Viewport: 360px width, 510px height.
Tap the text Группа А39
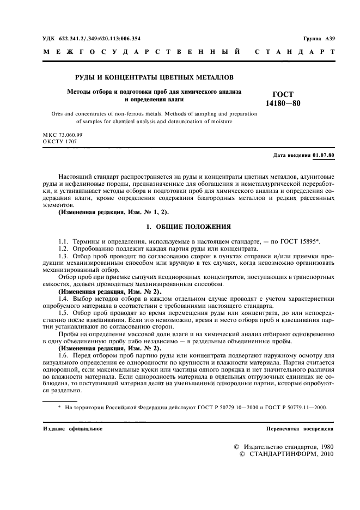point(319,39)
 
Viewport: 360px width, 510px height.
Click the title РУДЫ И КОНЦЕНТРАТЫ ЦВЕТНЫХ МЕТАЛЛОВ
point(154,78)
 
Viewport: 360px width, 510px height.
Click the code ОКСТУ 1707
point(59,142)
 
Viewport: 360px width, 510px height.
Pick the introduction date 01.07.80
point(324,156)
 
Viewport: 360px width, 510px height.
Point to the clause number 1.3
point(64,256)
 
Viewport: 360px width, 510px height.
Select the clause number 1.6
point(64,354)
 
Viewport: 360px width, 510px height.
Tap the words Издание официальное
point(72,429)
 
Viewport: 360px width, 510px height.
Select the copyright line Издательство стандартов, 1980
point(289,446)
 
